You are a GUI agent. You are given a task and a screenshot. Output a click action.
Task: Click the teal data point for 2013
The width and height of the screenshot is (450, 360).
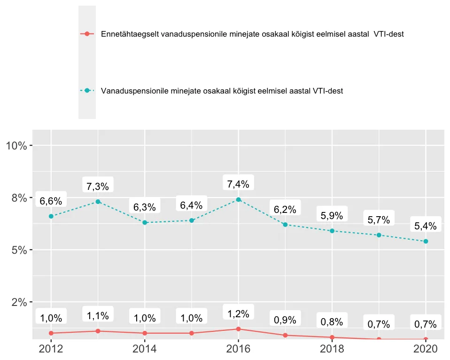(x=98, y=202)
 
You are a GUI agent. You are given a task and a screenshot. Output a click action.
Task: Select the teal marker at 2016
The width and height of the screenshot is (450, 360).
(x=239, y=199)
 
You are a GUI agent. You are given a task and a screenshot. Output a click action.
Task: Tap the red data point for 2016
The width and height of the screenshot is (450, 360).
(x=239, y=329)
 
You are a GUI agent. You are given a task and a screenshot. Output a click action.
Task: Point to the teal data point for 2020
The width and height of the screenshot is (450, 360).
(x=426, y=242)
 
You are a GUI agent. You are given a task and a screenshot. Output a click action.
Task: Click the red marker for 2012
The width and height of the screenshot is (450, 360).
(x=51, y=333)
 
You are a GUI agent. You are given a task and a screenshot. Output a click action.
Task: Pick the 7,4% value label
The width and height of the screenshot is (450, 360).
(x=239, y=184)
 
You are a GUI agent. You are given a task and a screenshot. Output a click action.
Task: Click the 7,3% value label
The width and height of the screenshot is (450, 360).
(x=98, y=186)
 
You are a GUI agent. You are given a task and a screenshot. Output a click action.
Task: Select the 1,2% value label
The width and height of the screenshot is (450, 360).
(x=239, y=313)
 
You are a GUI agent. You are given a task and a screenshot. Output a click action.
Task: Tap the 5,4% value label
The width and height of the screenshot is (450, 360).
(x=426, y=226)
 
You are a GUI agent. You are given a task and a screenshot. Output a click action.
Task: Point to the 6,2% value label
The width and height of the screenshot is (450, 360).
(x=285, y=210)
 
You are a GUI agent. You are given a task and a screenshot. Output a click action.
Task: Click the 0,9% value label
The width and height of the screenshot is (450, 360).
(x=285, y=320)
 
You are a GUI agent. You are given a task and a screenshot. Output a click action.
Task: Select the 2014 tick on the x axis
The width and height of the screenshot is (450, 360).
(x=145, y=349)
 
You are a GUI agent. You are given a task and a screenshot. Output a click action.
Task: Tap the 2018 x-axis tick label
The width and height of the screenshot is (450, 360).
(x=332, y=349)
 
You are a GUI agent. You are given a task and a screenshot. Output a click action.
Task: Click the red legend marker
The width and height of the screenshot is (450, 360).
(x=87, y=34)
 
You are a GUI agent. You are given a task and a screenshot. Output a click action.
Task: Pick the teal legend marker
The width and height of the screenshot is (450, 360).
(x=87, y=91)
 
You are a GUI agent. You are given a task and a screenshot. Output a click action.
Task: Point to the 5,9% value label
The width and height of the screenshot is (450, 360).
(x=332, y=216)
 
